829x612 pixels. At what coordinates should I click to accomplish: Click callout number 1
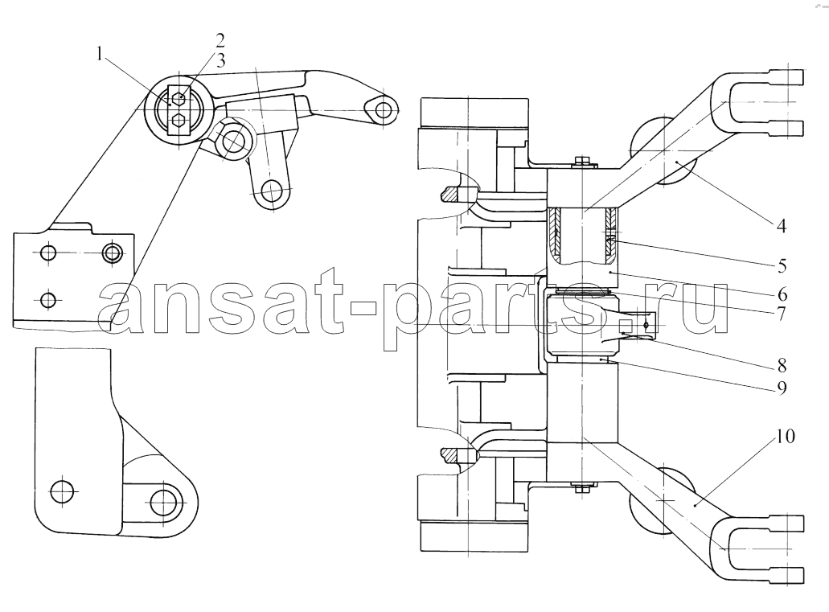click(100, 55)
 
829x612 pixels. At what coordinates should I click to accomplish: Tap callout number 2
click(220, 40)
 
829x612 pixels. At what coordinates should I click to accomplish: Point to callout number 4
click(781, 226)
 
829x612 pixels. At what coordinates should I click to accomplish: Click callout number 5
click(782, 265)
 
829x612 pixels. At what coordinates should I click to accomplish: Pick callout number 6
click(782, 294)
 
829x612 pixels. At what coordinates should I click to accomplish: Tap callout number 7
click(782, 313)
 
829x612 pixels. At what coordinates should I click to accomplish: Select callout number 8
click(782, 365)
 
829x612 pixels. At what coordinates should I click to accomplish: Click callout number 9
click(782, 388)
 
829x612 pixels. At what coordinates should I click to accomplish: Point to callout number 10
click(786, 437)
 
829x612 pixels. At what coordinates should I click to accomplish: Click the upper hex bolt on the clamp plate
click(179, 97)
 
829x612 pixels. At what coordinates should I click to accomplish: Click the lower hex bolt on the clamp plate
click(179, 120)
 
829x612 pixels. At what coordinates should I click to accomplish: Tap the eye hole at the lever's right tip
click(384, 110)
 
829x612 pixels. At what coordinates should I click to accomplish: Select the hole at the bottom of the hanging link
click(272, 191)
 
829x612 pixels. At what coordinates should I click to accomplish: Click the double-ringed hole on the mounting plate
click(112, 253)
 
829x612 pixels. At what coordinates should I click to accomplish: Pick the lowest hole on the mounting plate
click(48, 301)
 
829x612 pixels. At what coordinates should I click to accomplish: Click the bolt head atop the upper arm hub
click(581, 162)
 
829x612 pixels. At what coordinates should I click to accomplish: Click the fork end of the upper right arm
click(761, 101)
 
